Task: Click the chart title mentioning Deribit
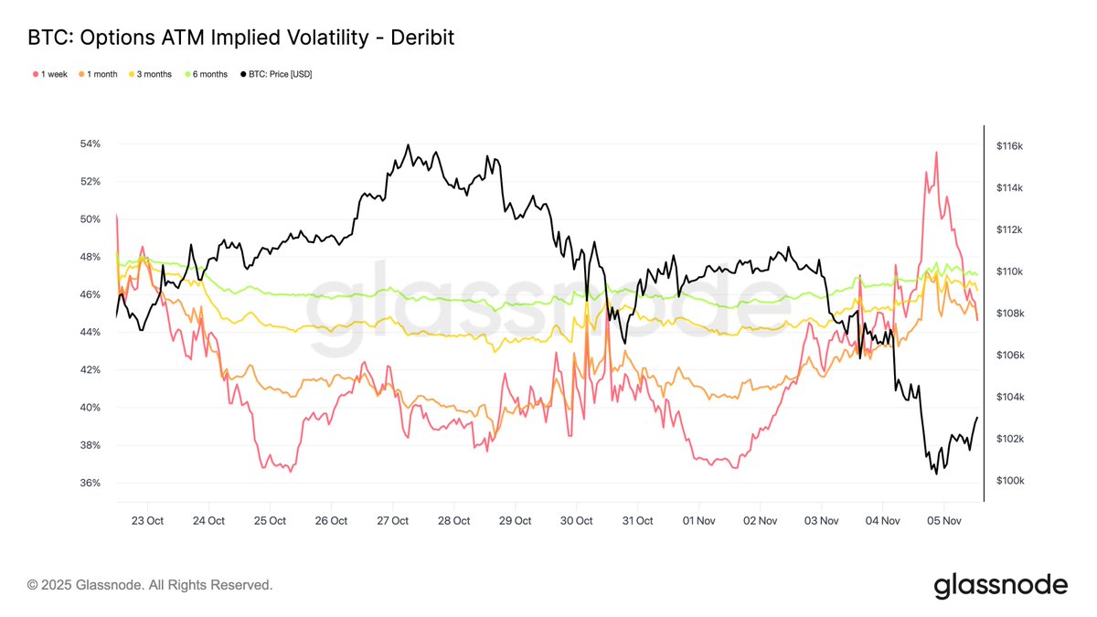tap(241, 37)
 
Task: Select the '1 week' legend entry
tap(49, 74)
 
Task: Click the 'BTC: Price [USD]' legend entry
tap(275, 74)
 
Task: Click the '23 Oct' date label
tap(147, 520)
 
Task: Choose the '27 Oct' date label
tap(392, 520)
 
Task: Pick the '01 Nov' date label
tap(698, 520)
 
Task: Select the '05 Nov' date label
tap(943, 520)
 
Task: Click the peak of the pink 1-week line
tap(936, 153)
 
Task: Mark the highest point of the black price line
tap(408, 144)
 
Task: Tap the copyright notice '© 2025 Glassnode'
tap(150, 584)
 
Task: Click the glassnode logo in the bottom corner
tap(1000, 585)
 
